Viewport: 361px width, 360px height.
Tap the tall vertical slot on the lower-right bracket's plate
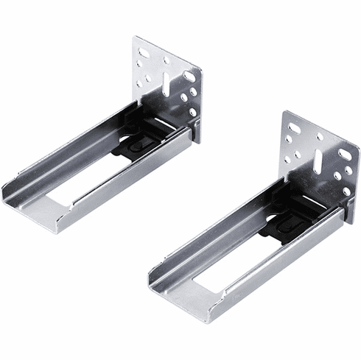[x=319, y=161]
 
